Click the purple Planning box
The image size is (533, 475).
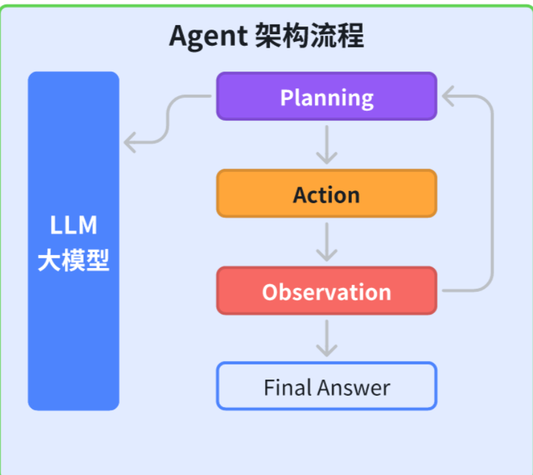[327, 96]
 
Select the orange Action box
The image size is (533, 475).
[327, 193]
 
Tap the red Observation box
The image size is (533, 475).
[327, 291]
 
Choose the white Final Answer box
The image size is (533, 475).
[327, 386]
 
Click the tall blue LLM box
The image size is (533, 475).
[73, 241]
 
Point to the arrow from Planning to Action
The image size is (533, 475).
[327, 145]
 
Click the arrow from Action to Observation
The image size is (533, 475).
[327, 242]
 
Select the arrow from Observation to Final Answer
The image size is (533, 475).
[327, 338]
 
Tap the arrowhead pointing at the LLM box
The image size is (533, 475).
[130, 142]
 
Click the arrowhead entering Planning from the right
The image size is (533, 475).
[448, 96]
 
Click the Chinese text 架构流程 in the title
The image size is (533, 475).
[309, 35]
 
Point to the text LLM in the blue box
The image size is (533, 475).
[73, 225]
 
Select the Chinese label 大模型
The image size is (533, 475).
[73, 260]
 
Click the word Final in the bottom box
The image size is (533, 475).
[287, 387]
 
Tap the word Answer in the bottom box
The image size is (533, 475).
[354, 387]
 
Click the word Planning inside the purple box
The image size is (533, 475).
[327, 98]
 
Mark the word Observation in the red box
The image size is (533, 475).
[327, 292]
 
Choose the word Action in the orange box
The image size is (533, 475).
[327, 195]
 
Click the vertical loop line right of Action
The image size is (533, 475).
[492, 193]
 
